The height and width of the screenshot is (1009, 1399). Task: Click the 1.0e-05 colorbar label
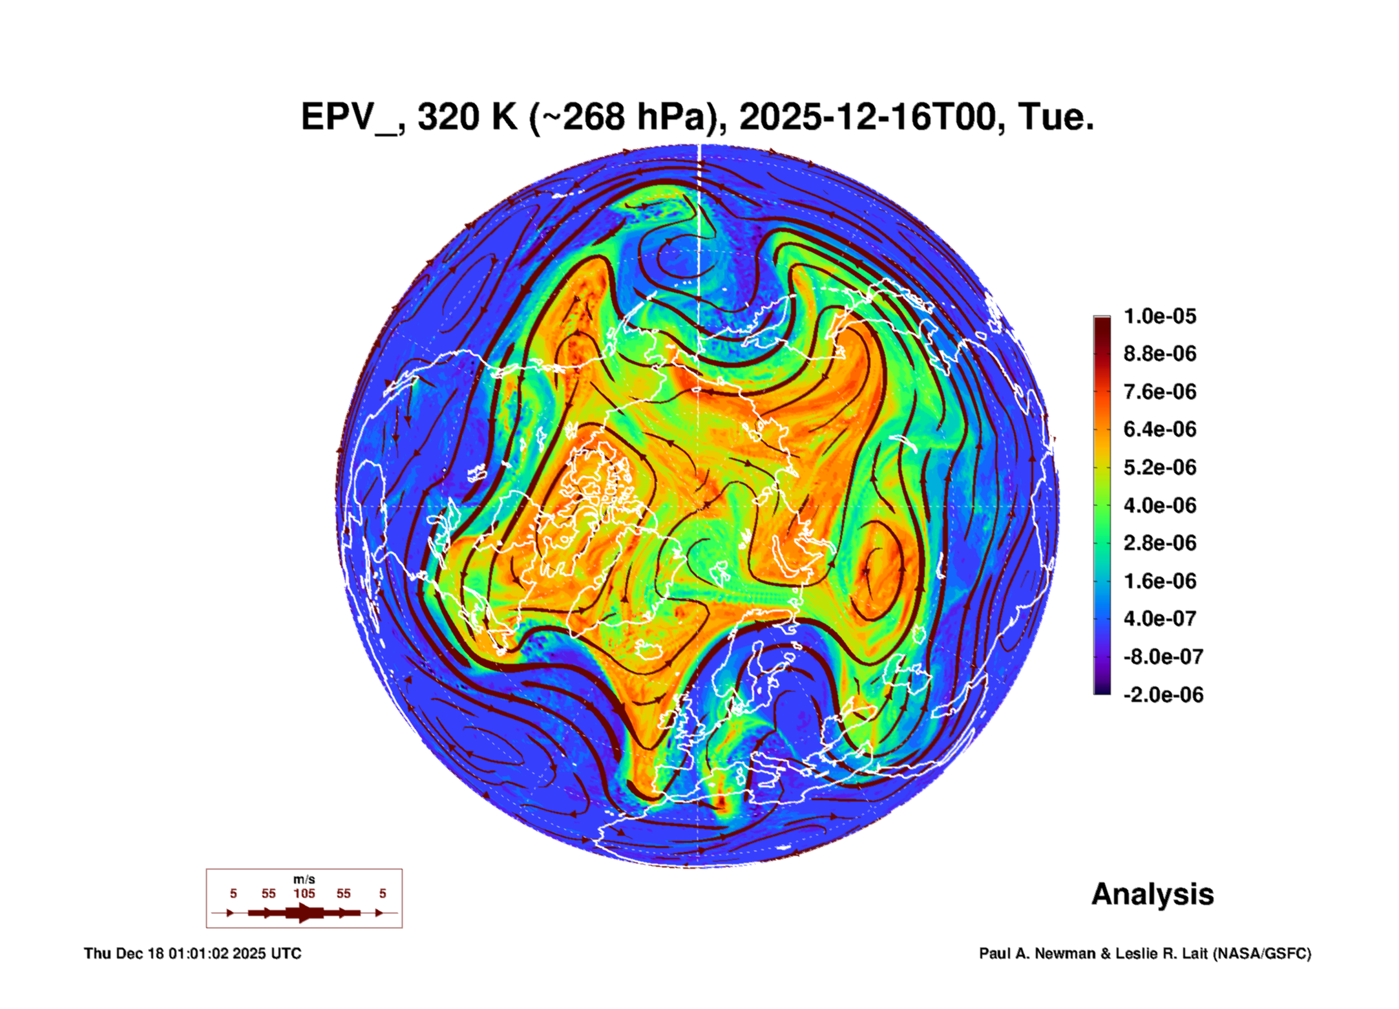1159,316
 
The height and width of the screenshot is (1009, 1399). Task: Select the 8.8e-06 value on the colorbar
1159,354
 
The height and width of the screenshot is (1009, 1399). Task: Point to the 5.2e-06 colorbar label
1159,467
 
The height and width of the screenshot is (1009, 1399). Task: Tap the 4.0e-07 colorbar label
1159,619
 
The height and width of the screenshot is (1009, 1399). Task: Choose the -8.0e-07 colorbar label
1162,657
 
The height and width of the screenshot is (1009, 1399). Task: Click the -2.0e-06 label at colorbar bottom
1162,695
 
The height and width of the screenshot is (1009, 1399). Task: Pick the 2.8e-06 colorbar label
1159,543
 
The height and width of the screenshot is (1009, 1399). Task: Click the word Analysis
1152,894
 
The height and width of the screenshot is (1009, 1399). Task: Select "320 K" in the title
467,118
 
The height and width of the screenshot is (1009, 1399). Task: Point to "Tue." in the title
1055,118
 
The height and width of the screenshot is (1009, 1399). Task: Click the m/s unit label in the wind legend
304,879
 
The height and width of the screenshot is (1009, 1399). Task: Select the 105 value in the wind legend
304,893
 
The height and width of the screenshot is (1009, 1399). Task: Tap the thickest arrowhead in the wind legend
305,913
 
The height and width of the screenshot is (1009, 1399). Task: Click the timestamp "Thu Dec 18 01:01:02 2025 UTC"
193,953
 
